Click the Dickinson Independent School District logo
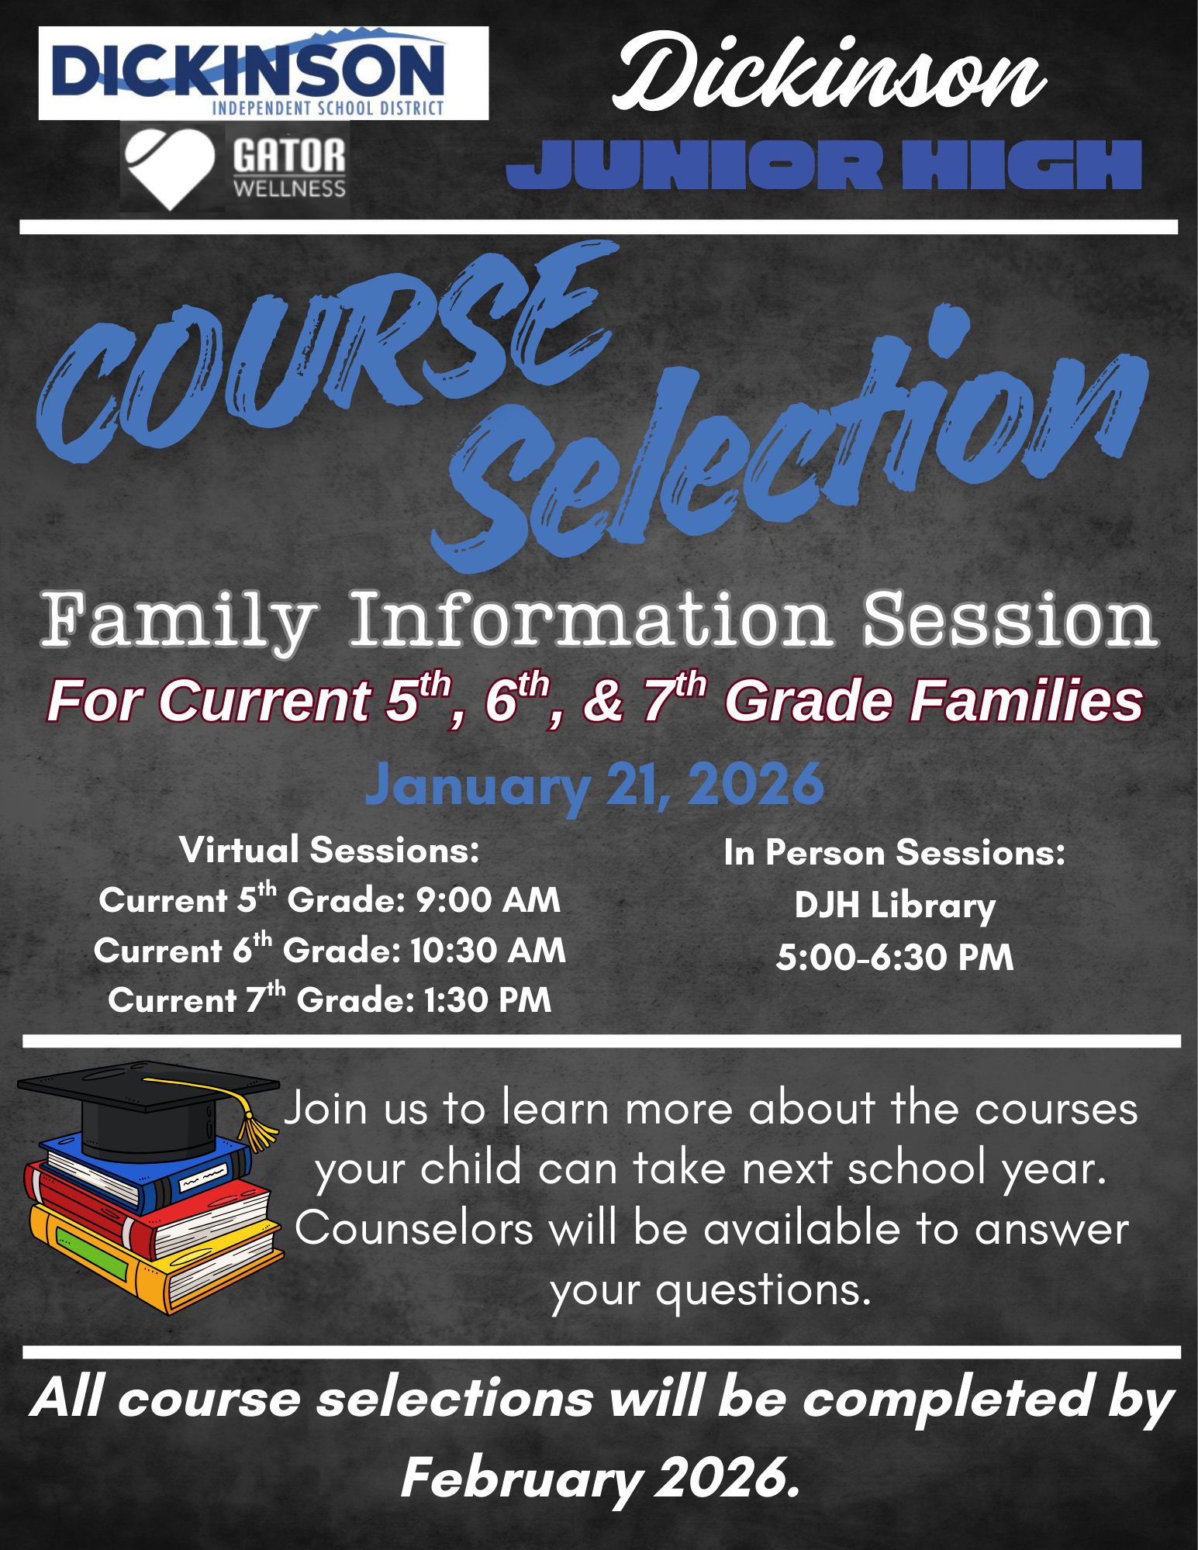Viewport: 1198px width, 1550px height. pyautogui.click(x=264, y=74)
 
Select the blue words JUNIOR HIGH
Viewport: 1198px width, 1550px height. pyautogui.click(x=823, y=164)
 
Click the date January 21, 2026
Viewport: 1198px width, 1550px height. pyautogui.click(x=594, y=785)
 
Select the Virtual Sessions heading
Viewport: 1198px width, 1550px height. pyautogui.click(x=330, y=850)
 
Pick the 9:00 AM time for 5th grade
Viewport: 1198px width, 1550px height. pyautogui.click(x=488, y=900)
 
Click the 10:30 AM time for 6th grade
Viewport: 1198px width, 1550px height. pyautogui.click(x=488, y=951)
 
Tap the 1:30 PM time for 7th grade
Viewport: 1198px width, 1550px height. pyautogui.click(x=487, y=1000)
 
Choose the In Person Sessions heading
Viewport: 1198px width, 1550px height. pyautogui.click(x=895, y=853)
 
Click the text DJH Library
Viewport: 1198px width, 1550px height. pyautogui.click(x=895, y=906)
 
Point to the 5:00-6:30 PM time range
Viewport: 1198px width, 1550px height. pyautogui.click(x=895, y=957)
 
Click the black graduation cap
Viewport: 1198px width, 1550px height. pyautogui.click(x=147, y=1105)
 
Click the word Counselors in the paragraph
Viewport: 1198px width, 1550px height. pyautogui.click(x=414, y=1229)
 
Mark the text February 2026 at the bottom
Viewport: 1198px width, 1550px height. pyautogui.click(x=599, y=1478)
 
